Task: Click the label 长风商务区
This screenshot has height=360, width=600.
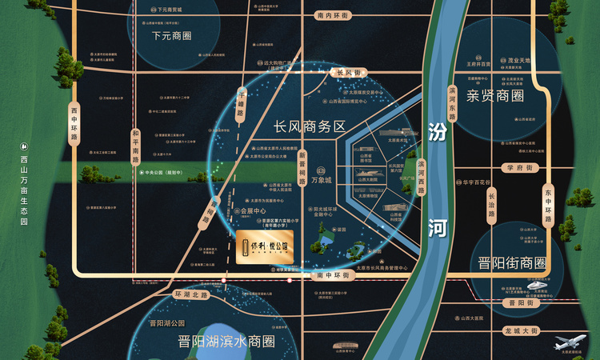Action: tap(309, 126)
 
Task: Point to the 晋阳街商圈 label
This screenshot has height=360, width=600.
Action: tap(511, 263)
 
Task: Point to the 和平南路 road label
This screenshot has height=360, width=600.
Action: tap(135, 145)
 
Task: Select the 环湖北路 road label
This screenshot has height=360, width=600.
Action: tap(191, 295)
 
